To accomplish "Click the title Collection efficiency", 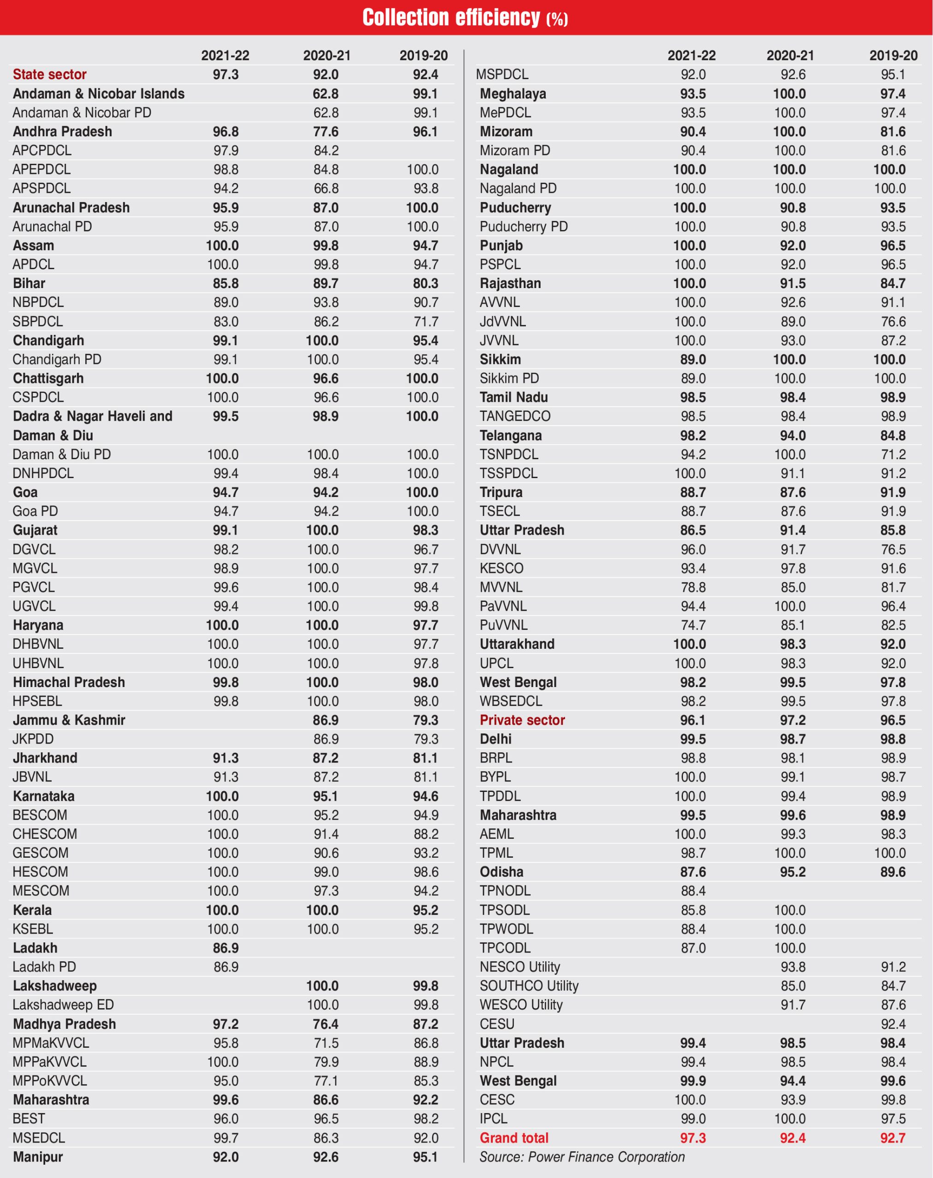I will tap(465, 17).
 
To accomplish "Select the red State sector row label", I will tap(50, 74).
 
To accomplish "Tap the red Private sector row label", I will tap(522, 720).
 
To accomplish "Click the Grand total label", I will tap(514, 1138).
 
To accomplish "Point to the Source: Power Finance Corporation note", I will tap(582, 1157).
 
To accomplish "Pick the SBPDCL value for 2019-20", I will tap(426, 322).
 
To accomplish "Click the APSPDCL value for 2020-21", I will tap(326, 188).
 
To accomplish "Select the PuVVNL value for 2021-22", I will tap(693, 625).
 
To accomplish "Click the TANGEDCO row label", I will tap(515, 416).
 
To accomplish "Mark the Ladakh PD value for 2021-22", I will tap(226, 967).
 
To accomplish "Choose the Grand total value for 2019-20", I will tap(892, 1138).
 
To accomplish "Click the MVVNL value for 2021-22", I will tap(693, 587).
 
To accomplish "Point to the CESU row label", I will tap(497, 1023).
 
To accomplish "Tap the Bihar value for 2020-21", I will tap(326, 283).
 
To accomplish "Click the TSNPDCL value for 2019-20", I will tap(892, 454).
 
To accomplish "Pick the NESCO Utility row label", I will tap(519, 967).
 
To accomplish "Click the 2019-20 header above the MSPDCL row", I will tap(893, 55).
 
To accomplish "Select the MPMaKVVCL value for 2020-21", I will tap(326, 1043).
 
